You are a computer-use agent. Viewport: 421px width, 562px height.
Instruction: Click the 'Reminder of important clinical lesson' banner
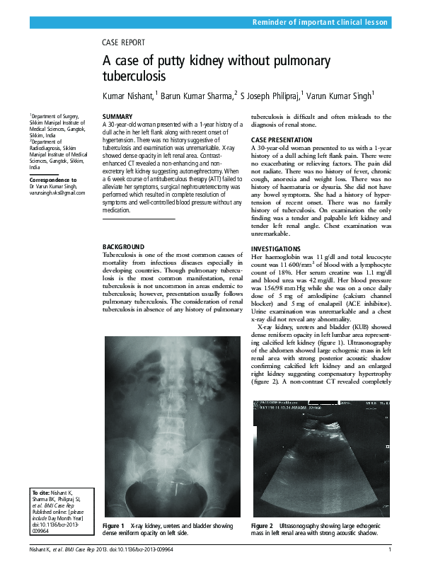click(x=320, y=23)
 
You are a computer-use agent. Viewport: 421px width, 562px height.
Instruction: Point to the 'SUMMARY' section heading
click(x=117, y=116)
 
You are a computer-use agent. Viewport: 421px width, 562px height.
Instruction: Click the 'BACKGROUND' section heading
click(x=123, y=246)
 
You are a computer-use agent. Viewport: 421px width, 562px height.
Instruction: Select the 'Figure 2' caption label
click(x=262, y=527)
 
